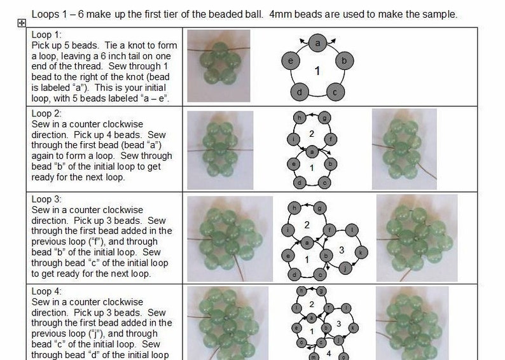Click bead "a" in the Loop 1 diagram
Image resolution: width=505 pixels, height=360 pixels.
(317, 43)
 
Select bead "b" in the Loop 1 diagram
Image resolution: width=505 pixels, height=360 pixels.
(344, 61)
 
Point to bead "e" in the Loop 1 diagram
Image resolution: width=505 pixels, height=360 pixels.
(291, 61)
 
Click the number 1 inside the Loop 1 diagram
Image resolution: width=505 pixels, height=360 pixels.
(317, 71)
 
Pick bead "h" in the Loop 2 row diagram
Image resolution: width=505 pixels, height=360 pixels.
(299, 118)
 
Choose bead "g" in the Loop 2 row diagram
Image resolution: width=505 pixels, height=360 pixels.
(324, 118)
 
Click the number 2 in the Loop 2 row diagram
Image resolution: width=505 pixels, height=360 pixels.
(312, 134)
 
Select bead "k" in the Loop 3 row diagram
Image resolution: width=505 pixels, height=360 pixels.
(361, 252)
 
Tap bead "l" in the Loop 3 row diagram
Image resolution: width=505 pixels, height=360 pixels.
(354, 230)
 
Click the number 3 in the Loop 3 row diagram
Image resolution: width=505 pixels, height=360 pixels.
(342, 250)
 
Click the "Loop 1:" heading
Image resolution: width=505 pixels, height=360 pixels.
(46, 35)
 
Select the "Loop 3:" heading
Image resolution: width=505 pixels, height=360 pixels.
(47, 199)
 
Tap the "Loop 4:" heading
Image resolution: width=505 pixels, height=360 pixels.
(47, 291)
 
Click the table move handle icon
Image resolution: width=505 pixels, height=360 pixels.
(21, 23)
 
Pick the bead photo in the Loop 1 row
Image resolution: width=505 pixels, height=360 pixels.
(218, 67)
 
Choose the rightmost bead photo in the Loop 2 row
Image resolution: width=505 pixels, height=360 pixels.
(404, 148)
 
